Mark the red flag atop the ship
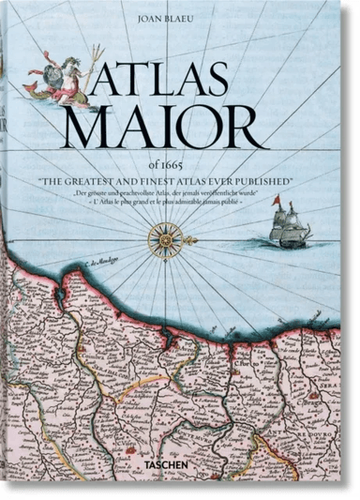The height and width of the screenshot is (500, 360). coord(292,206)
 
